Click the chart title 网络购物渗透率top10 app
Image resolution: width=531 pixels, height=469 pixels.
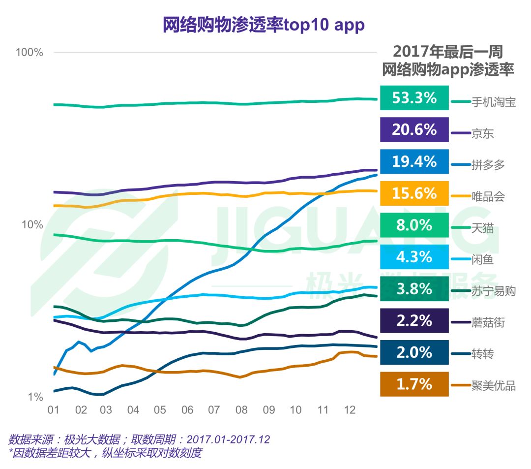coord(264,25)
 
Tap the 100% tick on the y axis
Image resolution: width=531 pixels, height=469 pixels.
coord(30,52)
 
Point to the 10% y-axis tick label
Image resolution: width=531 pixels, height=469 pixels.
coord(32,225)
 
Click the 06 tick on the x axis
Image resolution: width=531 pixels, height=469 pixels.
coord(187,410)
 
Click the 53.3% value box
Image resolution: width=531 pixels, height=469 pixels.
coord(414,98)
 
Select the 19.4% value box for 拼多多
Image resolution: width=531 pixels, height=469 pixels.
coord(414,161)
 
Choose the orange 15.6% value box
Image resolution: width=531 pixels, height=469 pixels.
coord(414,193)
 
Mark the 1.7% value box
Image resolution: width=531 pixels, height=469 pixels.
coord(414,384)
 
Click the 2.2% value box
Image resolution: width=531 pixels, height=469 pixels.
coord(414,321)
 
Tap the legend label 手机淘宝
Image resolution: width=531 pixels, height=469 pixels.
coord(493,102)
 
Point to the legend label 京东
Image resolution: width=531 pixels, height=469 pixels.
coord(482,134)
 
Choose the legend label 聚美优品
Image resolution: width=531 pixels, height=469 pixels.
coord(493,386)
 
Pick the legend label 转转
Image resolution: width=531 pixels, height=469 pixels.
coord(482,354)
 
